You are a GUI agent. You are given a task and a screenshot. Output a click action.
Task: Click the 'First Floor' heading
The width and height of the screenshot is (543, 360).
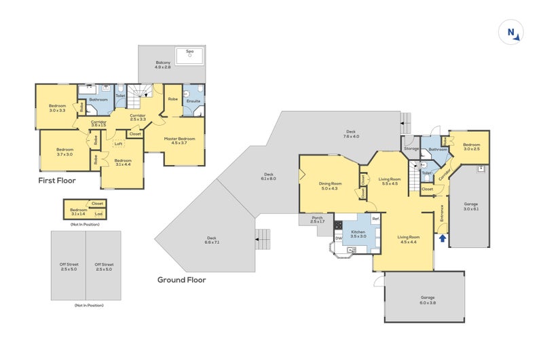pyautogui.click(x=57, y=181)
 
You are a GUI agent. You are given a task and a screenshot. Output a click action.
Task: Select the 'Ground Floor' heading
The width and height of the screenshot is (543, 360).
pyautogui.click(x=181, y=279)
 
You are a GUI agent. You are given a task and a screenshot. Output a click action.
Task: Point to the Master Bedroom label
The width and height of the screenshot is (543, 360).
pyautogui.click(x=180, y=141)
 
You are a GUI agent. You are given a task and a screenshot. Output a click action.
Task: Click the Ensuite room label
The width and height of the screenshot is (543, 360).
pyautogui.click(x=193, y=102)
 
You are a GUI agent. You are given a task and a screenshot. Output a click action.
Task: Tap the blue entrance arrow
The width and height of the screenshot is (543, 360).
pyautogui.click(x=443, y=238)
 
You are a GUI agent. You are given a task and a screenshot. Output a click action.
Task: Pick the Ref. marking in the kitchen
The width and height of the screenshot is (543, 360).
pyautogui.click(x=375, y=219)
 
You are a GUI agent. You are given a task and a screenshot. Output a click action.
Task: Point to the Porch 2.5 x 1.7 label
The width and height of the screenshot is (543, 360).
pyautogui.click(x=318, y=220)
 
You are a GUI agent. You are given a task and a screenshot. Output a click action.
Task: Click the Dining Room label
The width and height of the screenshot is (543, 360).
pyautogui.click(x=330, y=185)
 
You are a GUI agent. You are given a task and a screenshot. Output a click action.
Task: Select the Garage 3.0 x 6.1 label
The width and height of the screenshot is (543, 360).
pyautogui.click(x=470, y=206)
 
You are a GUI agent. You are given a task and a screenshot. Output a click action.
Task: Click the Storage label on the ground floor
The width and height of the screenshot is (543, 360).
pyautogui.click(x=411, y=147)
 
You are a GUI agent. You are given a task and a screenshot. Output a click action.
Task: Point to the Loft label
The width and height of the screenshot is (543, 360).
pyautogui.click(x=118, y=143)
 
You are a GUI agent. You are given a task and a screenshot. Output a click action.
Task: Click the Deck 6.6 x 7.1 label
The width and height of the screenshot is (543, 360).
pyautogui.click(x=212, y=240)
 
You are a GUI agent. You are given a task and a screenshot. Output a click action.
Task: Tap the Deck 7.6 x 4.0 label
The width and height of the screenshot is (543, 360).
pyautogui.click(x=351, y=134)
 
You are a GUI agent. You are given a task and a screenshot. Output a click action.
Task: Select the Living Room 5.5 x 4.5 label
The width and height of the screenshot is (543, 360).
pyautogui.click(x=390, y=181)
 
